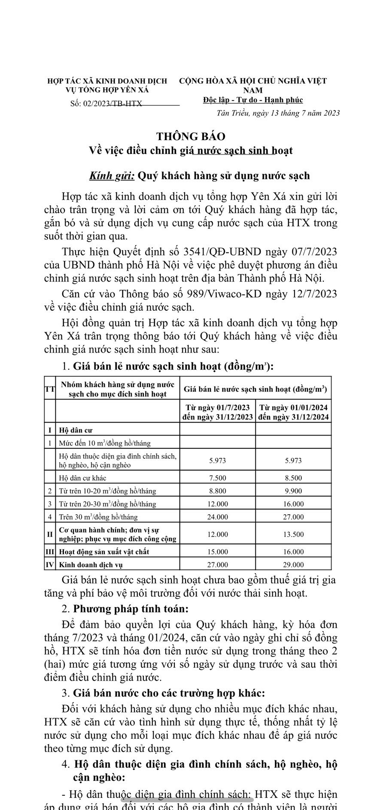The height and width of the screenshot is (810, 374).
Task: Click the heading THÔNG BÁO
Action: click(191, 136)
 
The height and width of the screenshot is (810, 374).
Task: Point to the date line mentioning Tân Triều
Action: click(278, 113)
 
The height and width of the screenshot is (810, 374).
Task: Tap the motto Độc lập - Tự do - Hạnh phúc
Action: click(253, 100)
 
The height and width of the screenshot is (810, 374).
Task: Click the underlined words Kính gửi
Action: click(112, 176)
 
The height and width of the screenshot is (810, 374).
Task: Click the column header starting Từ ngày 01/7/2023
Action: click(217, 412)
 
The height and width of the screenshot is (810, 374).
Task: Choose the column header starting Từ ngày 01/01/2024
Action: click(293, 412)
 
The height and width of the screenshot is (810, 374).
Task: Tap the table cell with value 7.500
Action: click(217, 478)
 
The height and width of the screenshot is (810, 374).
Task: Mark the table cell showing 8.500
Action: click(293, 478)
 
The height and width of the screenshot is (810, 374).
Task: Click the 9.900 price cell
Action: click(293, 491)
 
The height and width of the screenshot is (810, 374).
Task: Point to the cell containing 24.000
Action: click(217, 517)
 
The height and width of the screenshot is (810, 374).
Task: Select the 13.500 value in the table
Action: click(293, 534)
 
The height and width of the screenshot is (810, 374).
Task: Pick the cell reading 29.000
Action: click(293, 565)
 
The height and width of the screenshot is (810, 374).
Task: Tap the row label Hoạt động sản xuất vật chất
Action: click(104, 552)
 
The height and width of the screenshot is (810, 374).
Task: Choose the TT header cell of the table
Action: click(50, 389)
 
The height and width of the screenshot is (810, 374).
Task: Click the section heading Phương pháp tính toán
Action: click(131, 609)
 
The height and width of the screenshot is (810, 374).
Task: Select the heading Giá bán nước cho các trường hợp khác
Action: click(169, 693)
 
